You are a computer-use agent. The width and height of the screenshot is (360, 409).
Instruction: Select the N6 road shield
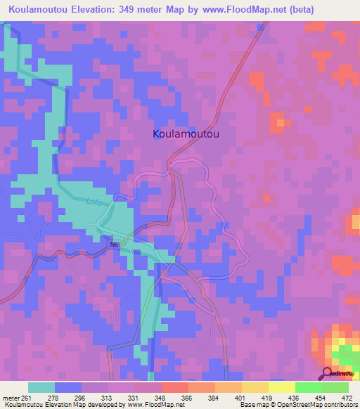(x=115, y=244)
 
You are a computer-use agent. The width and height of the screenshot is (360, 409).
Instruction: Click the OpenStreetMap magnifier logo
(x=326, y=372)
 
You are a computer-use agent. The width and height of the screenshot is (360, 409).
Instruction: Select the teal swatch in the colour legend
(x=41, y=387)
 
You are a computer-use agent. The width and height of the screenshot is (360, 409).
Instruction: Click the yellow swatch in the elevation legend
(x=281, y=387)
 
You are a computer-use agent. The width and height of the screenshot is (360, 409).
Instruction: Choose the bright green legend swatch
(x=307, y=387)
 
